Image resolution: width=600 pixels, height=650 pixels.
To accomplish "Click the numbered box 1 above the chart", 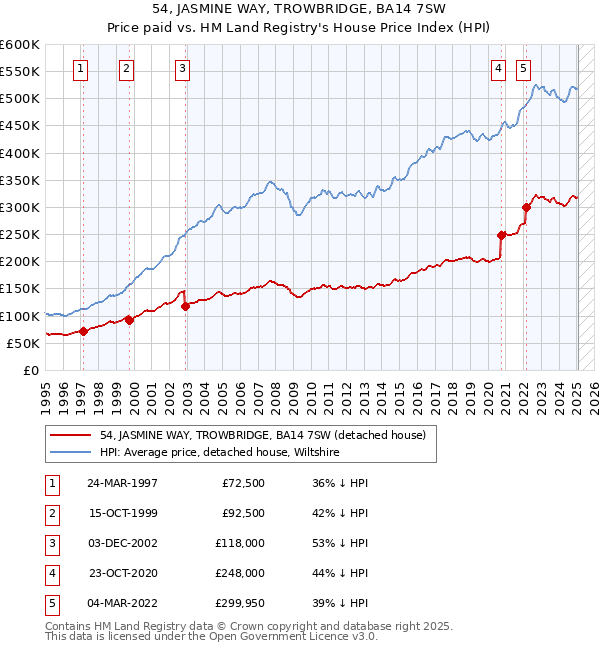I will coord(80,69).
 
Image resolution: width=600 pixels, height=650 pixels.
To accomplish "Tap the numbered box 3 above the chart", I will coord(183,69).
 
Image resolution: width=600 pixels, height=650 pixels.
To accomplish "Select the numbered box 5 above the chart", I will coord(523,69).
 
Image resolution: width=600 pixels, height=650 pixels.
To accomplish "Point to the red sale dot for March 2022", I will coord(526,208).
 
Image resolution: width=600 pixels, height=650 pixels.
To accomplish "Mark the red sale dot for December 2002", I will coord(186,306).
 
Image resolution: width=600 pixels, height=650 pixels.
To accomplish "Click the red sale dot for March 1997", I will coord(84,331).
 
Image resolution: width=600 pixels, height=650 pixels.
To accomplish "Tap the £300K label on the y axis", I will coord(20,207).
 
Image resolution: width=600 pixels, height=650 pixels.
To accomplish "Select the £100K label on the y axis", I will coord(20,316).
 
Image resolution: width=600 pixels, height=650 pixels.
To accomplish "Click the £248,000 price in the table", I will coord(240,574).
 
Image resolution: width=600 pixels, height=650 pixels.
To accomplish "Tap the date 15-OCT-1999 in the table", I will coord(122,514).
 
